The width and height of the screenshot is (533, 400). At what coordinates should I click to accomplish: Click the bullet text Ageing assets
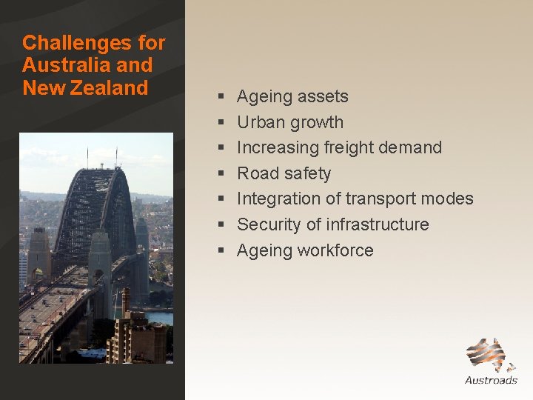292,96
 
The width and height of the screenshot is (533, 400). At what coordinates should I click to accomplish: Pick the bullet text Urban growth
289,122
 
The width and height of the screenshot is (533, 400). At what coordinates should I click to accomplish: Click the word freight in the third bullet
347,147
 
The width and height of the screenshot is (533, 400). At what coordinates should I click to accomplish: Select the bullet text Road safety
284,173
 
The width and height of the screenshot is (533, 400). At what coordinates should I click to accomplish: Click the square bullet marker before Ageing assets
221,97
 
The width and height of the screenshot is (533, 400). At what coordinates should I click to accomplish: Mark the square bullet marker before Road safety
221,174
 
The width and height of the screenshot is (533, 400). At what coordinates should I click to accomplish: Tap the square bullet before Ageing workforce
221,251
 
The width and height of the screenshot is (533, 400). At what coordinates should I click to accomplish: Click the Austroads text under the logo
491,380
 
